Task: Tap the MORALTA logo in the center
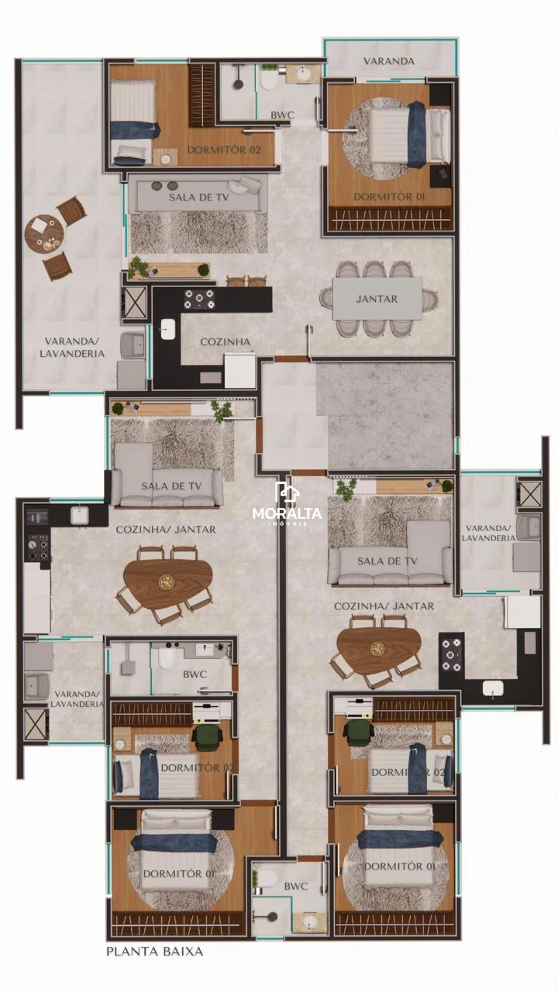click(287, 504)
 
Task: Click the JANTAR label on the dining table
click(377, 299)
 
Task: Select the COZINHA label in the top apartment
click(225, 341)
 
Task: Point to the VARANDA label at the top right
click(389, 61)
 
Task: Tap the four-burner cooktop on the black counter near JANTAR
click(200, 299)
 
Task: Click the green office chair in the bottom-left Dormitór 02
click(207, 737)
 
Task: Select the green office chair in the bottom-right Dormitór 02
click(358, 732)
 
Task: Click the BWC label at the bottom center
click(296, 884)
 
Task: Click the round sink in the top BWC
click(303, 74)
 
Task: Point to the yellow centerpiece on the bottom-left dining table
click(167, 581)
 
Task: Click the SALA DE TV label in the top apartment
click(198, 197)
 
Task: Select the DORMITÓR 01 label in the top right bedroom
click(389, 197)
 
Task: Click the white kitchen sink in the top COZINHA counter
click(168, 329)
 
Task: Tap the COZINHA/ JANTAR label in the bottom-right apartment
click(384, 606)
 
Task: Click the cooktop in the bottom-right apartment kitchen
click(451, 655)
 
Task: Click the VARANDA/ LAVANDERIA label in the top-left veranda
click(72, 348)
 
